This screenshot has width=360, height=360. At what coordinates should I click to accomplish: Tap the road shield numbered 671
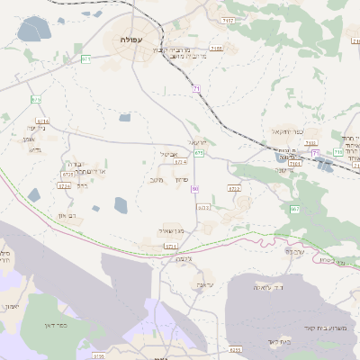pyautogui.click(x=86, y=59)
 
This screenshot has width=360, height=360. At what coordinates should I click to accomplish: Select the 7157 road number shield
pyautogui.click(x=229, y=20)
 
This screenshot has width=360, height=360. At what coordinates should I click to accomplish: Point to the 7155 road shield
pyautogui.click(x=215, y=49)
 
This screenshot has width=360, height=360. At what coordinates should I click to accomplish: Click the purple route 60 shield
pyautogui.click(x=195, y=188)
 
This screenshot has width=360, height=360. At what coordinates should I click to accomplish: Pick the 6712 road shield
pyautogui.click(x=234, y=189)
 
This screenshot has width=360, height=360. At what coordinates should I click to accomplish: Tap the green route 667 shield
pyautogui.click(x=294, y=209)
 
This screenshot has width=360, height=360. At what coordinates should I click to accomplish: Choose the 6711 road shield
pyautogui.click(x=170, y=246)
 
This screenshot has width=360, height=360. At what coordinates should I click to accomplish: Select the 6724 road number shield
pyautogui.click(x=64, y=185)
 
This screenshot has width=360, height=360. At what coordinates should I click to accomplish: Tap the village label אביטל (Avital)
pyautogui.click(x=168, y=154)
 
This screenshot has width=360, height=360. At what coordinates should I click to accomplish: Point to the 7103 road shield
pyautogui.click(x=294, y=164)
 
